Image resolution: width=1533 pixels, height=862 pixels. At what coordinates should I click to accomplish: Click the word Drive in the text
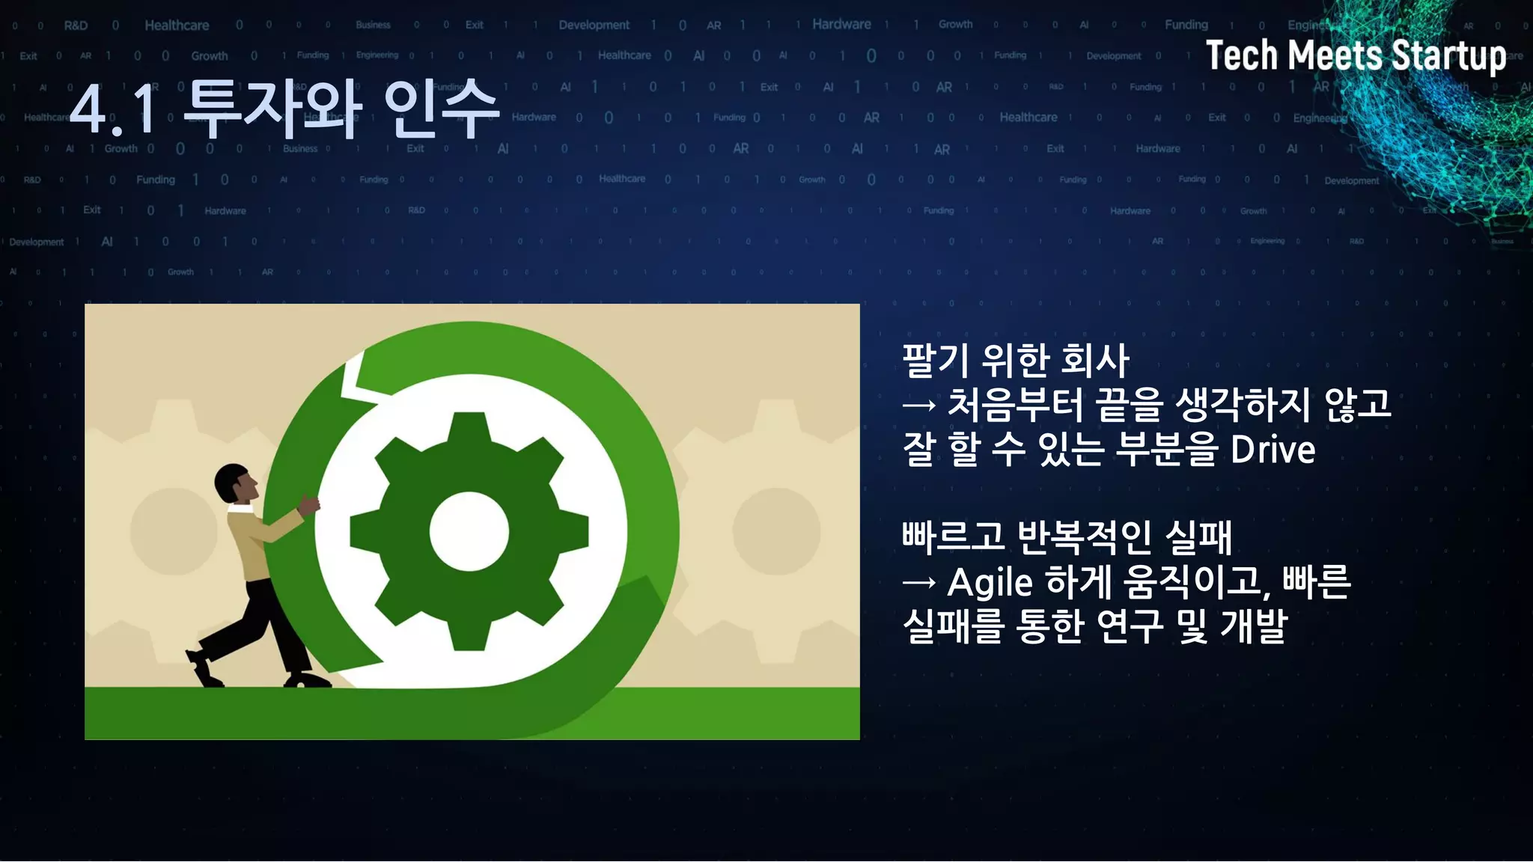[x=1273, y=450]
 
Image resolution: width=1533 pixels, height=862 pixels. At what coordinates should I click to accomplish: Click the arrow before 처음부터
[x=919, y=406]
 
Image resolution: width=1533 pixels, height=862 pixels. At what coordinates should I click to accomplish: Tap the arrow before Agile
[x=919, y=583]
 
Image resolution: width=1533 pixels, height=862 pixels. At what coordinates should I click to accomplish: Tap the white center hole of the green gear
[x=469, y=531]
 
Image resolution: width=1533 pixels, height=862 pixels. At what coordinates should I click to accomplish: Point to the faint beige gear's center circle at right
[x=776, y=531]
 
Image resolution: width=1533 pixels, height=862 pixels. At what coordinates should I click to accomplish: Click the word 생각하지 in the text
[x=1243, y=406]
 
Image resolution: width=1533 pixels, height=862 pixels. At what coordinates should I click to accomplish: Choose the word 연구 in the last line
[x=1129, y=626]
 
